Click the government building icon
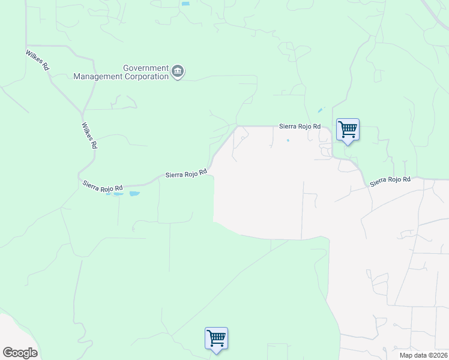coord(178,72)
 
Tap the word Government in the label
coord(146,68)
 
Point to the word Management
coord(96,77)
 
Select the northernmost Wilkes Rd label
coord(37,61)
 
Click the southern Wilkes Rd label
coord(88,136)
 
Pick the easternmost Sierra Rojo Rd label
coord(390,179)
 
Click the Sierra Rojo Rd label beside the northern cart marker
coord(300,127)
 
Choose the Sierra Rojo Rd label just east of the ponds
coord(186,174)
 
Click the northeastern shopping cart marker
coord(348,130)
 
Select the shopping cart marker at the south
coord(216,338)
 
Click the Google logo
coord(20,353)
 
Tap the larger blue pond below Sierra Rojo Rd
coord(134,194)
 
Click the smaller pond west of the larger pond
coord(118,194)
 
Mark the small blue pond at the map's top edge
coord(185,4)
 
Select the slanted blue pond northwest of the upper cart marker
coord(320,110)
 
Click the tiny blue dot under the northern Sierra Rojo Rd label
coord(288,141)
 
